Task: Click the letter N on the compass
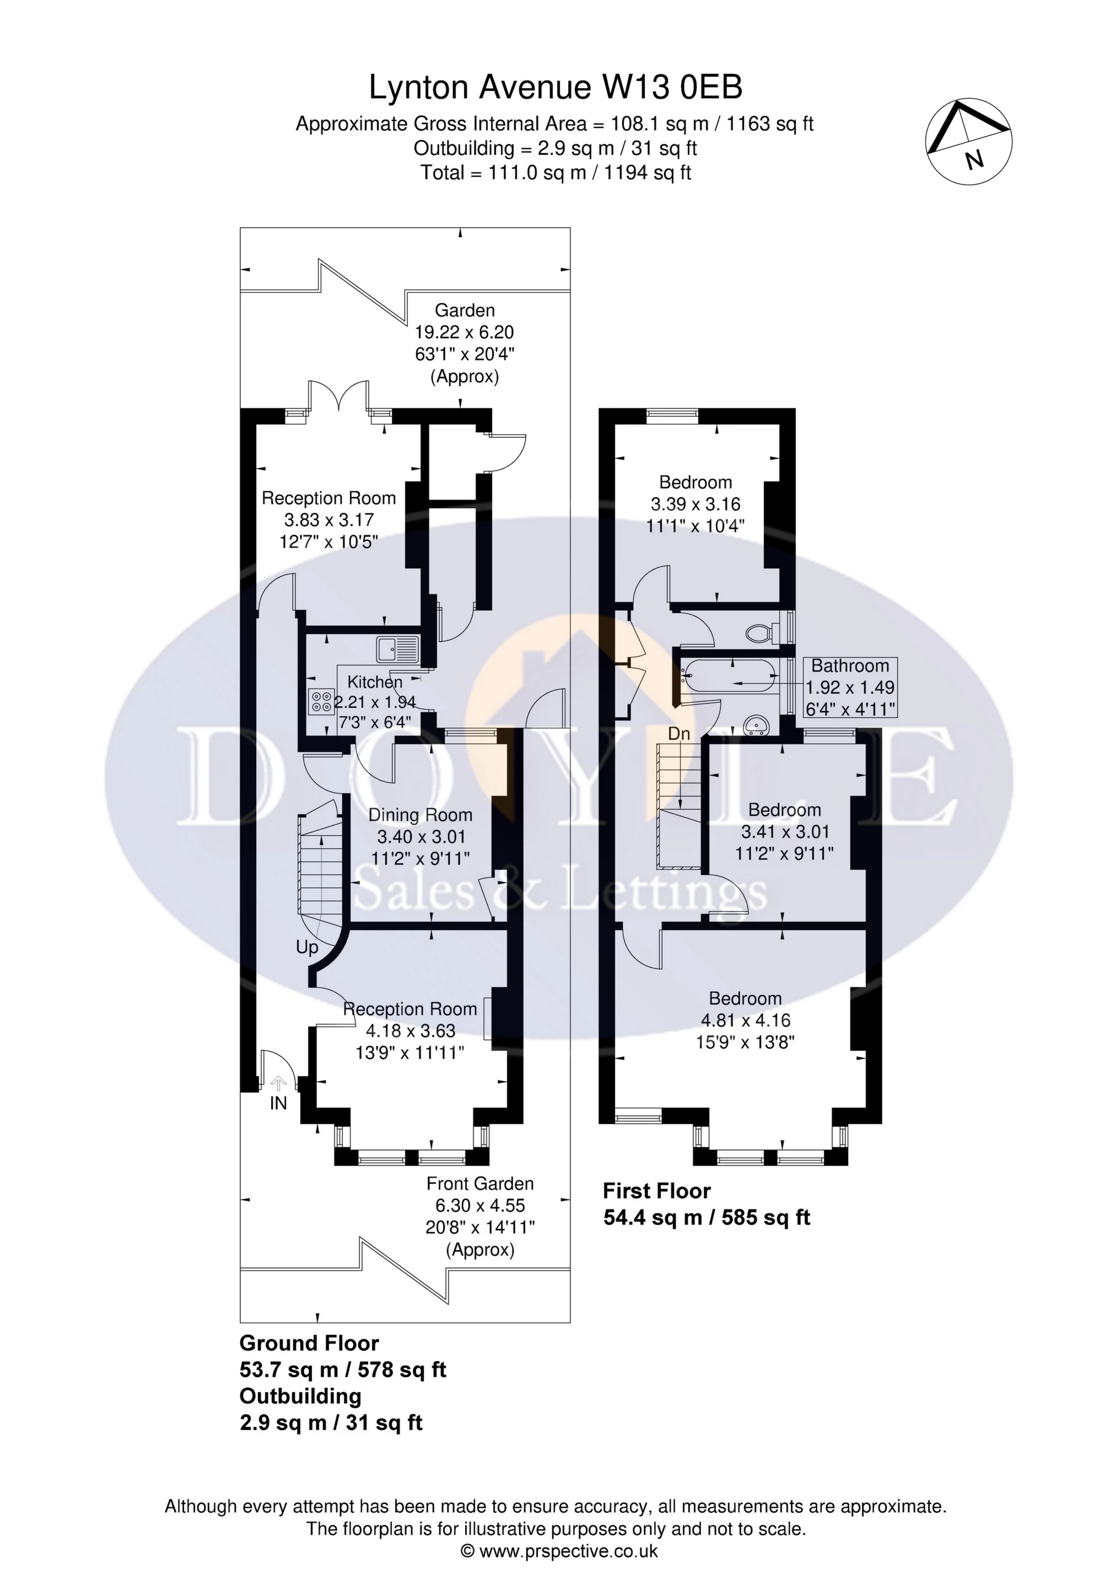pyautogui.click(x=974, y=160)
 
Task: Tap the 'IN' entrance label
pyautogui.click(x=278, y=1104)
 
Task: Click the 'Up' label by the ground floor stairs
pyautogui.click(x=307, y=948)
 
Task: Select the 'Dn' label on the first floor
pyautogui.click(x=678, y=734)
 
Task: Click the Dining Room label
pyautogui.click(x=420, y=815)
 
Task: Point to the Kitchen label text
pyautogui.click(x=374, y=682)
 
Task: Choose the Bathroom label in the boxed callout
pyautogui.click(x=850, y=665)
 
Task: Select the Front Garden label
pyautogui.click(x=479, y=1184)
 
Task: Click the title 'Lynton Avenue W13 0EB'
pyautogui.click(x=556, y=88)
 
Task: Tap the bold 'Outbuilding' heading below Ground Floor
pyautogui.click(x=300, y=1396)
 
